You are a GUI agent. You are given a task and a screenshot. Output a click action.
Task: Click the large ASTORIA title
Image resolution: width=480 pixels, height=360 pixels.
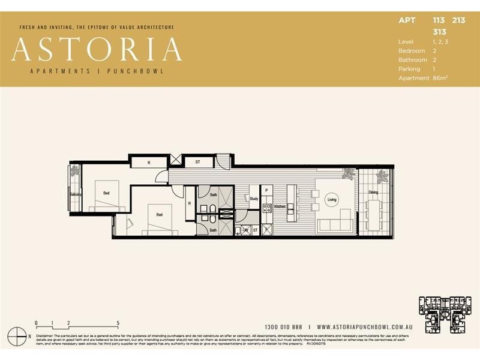click(x=97, y=49)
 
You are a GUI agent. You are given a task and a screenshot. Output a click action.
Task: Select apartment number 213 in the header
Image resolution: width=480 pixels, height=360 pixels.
click(x=458, y=20)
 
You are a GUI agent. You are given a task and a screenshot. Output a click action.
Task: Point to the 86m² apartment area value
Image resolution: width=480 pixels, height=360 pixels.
click(x=440, y=78)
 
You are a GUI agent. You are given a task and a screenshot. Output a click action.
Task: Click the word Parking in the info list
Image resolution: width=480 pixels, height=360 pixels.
click(x=409, y=69)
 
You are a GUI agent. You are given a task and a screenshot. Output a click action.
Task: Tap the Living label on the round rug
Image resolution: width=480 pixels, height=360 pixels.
click(x=332, y=200)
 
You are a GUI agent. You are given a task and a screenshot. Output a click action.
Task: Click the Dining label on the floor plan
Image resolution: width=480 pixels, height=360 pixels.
click(x=373, y=193)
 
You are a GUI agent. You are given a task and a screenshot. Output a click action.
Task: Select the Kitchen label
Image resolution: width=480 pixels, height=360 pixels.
click(x=280, y=206)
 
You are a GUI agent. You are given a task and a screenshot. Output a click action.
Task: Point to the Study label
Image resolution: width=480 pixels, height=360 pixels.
click(x=254, y=199)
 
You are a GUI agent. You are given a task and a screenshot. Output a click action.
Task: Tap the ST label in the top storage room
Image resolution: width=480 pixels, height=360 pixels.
click(x=197, y=162)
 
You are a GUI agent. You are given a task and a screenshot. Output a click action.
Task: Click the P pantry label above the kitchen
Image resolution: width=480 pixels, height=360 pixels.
click(x=266, y=191)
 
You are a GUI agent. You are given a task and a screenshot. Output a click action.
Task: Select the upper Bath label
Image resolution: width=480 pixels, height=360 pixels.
click(x=214, y=194)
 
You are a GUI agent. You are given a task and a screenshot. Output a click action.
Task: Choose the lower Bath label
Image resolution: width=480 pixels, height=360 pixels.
click(x=213, y=230)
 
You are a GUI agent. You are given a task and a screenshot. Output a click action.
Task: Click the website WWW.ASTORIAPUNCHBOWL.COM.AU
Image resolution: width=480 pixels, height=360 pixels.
click(x=364, y=327)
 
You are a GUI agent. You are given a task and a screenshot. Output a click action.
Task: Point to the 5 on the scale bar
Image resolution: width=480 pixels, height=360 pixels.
click(x=118, y=323)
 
